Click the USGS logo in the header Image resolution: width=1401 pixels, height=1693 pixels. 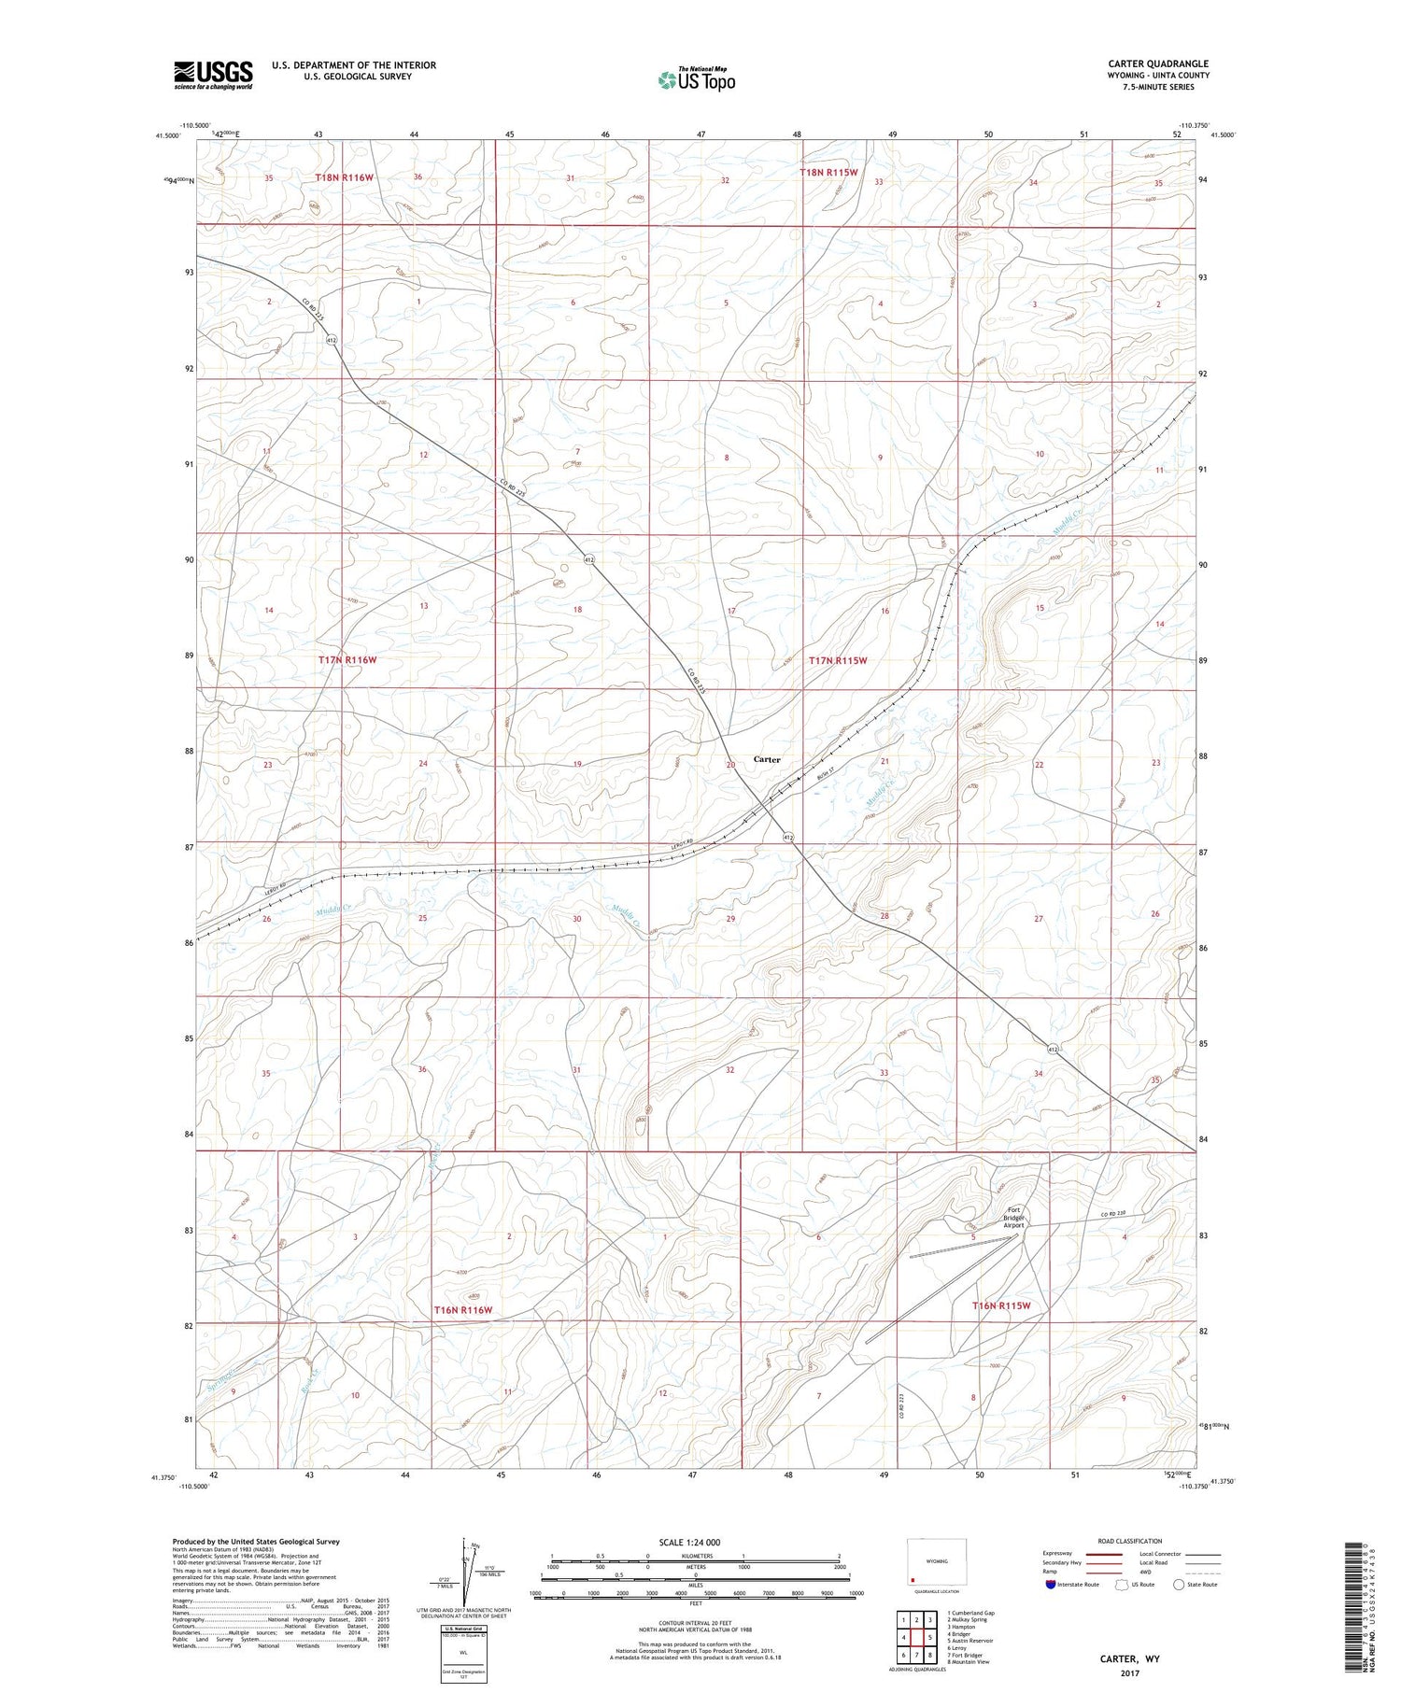pos(213,75)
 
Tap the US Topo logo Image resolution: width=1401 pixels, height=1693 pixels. pos(696,80)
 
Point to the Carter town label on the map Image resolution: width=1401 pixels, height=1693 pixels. pos(767,759)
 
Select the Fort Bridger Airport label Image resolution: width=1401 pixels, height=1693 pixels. pos(1014,1219)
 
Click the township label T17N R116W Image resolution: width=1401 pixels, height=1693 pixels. pos(347,660)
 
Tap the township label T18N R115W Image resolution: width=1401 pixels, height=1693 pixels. pos(828,173)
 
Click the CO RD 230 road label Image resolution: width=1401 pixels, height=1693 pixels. pos(1113,1214)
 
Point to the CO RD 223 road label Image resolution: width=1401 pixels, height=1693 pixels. pos(903,1399)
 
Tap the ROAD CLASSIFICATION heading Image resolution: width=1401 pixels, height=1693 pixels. pos(1130,1541)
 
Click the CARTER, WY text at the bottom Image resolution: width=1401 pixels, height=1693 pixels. pos(1129,1658)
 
